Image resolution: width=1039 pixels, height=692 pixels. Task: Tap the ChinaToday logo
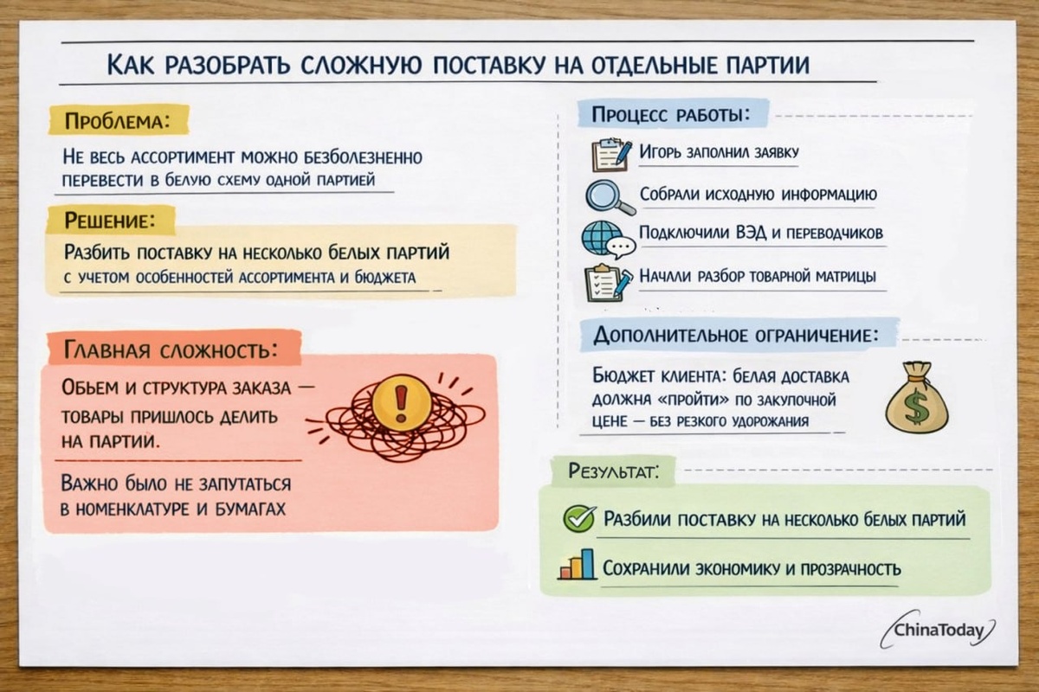pos(939,630)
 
